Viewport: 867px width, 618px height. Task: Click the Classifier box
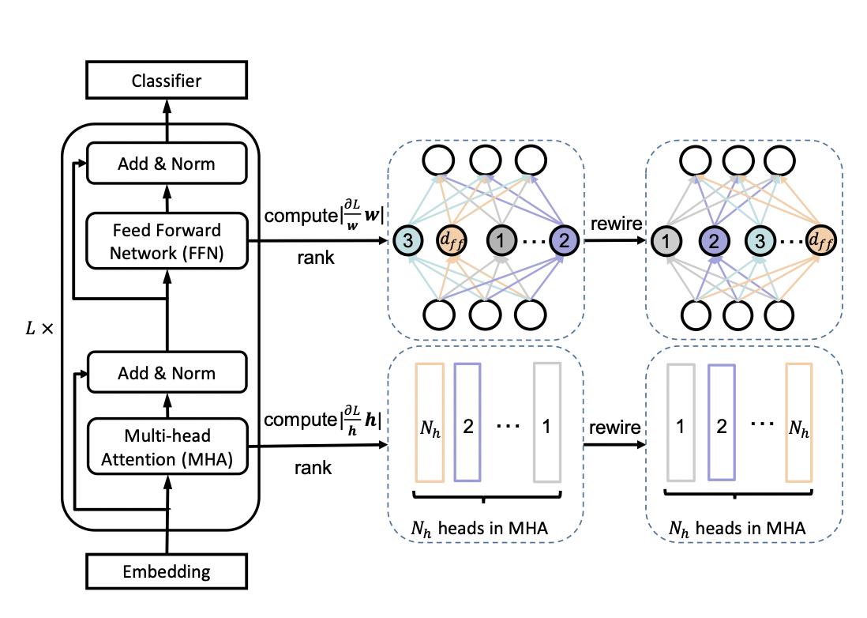(167, 81)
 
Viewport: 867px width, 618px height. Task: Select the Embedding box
(167, 571)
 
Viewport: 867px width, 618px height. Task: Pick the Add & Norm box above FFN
(167, 164)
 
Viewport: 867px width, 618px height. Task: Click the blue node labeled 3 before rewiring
(410, 239)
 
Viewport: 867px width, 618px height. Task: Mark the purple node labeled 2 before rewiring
(565, 239)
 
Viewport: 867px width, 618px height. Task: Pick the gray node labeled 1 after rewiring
(668, 239)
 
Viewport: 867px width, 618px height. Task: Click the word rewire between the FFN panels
(613, 224)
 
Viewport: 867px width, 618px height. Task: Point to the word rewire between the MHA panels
(613, 427)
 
